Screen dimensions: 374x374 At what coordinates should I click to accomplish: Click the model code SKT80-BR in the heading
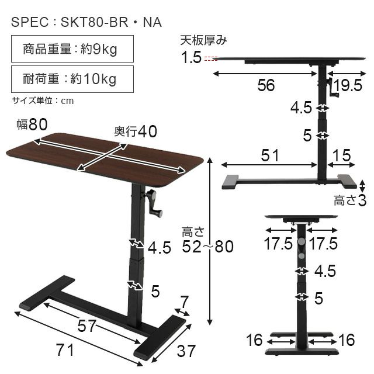click(95, 22)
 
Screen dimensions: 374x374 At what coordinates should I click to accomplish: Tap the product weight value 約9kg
click(99, 50)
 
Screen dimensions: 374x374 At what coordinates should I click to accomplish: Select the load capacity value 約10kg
click(93, 79)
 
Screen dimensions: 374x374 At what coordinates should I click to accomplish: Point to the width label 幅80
click(32, 124)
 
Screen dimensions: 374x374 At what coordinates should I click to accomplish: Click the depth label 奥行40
click(136, 131)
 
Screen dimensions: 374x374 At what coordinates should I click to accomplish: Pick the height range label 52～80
click(208, 247)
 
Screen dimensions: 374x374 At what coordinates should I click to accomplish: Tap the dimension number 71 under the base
click(65, 350)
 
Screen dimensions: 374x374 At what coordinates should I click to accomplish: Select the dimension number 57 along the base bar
click(87, 326)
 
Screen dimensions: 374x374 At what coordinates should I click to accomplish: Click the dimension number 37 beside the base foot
click(186, 351)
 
